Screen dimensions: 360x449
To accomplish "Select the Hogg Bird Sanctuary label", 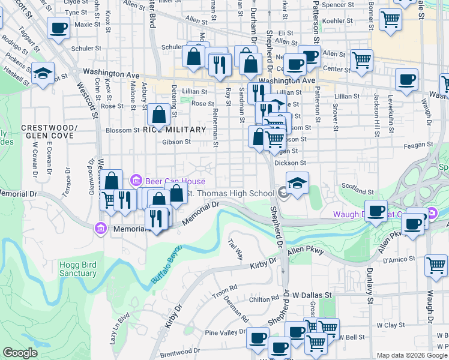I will point(78,269).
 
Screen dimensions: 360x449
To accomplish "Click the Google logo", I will point(20,353).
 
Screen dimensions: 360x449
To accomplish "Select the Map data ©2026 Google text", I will point(412,355).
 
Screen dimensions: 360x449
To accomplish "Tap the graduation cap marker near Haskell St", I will point(43,73).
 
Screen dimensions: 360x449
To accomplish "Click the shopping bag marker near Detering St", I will point(158,113).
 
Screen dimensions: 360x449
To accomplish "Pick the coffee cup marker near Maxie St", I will point(59,27).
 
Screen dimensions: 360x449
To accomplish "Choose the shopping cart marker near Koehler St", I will point(391,19).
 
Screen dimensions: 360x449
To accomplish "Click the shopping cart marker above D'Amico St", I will point(436,264).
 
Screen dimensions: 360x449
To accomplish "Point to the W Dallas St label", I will point(312,295).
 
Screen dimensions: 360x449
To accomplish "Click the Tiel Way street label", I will point(235,250).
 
